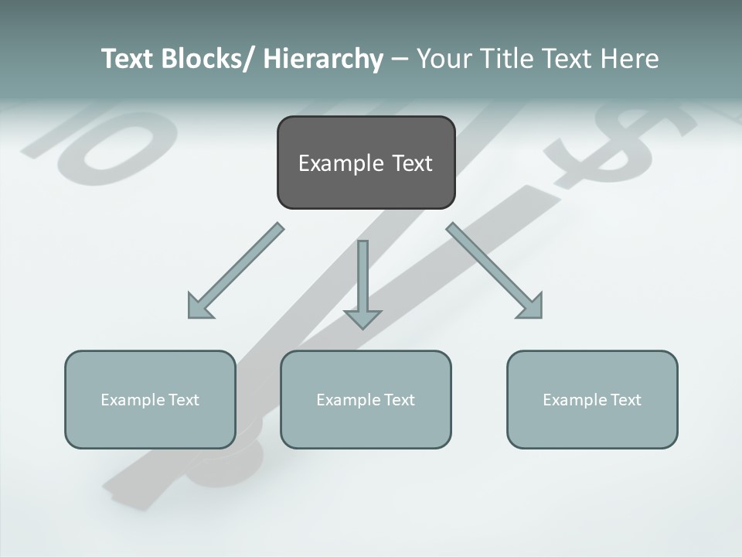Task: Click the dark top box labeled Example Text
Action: tap(366, 162)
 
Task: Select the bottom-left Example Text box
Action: tap(150, 399)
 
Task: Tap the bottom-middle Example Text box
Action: tap(366, 399)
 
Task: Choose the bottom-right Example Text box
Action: tap(592, 399)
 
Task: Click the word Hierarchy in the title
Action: tap(323, 59)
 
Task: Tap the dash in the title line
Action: tap(400, 59)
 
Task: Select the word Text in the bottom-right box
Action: tap(625, 399)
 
